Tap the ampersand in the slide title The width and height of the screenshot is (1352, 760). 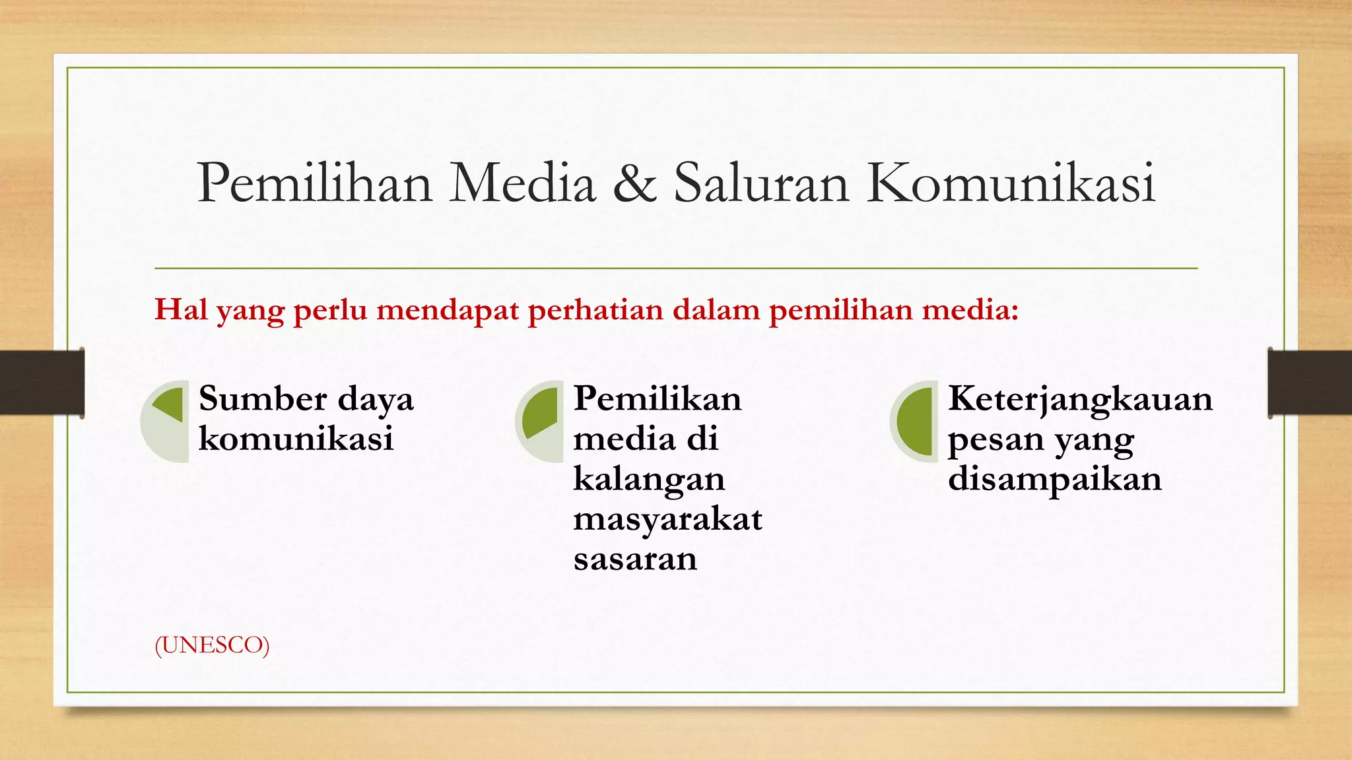[634, 183]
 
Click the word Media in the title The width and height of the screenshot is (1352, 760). [522, 183]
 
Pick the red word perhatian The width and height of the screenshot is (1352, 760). [595, 309]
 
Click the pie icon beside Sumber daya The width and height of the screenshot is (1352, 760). [165, 421]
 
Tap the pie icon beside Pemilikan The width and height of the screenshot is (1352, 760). [539, 421]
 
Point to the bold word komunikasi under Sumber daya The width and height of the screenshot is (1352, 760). [296, 439]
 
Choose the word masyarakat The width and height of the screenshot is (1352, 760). [667, 520]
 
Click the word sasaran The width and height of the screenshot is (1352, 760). [635, 559]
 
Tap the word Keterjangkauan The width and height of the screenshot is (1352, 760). [1080, 399]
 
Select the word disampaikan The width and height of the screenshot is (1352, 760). [1054, 479]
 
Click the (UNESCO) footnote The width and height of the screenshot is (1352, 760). [212, 645]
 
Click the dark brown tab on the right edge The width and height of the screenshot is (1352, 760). [1309, 383]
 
